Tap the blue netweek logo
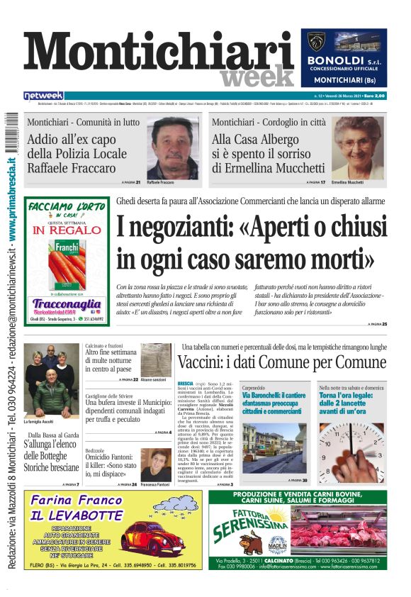pos(43,95)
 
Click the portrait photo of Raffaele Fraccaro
pos(172,147)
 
